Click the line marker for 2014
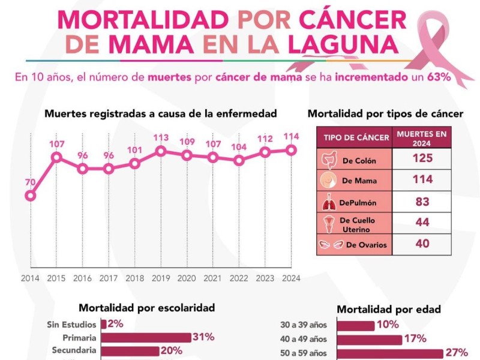30,195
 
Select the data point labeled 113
161,151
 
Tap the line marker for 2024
292,150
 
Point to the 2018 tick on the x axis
134,278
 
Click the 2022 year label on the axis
239,278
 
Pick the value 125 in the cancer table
422,158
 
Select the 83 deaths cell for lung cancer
422,202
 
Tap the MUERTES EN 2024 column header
422,137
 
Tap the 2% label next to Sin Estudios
115,324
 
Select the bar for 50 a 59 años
390,353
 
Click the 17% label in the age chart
415,339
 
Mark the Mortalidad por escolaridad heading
146,308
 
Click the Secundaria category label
73,350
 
